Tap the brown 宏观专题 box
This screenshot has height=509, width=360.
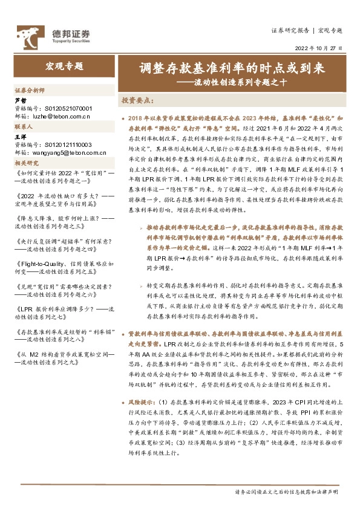pyautogui.click(x=64, y=66)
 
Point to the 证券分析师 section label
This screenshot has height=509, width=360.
pyautogui.click(x=30, y=89)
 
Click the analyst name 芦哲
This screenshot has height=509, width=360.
pyautogui.click(x=21, y=99)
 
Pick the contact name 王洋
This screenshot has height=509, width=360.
pyautogui.click(x=21, y=138)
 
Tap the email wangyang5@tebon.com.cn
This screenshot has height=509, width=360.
pyautogui.click(x=66, y=153)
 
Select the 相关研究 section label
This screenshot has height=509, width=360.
pyautogui.click(x=27, y=163)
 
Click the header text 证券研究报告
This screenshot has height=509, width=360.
pyautogui.click(x=290, y=30)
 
